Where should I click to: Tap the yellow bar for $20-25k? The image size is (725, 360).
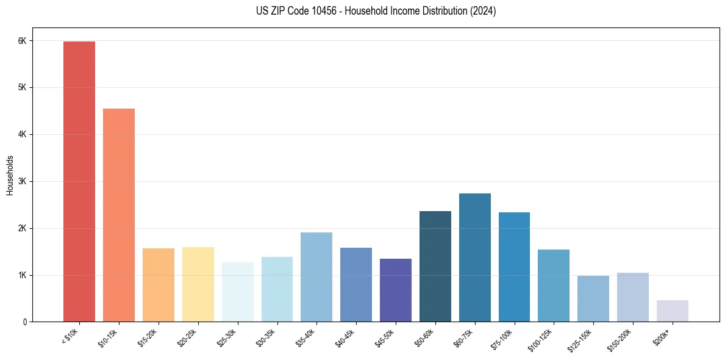point(198,284)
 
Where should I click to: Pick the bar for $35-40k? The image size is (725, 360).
point(316,277)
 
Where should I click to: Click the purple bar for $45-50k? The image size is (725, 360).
point(395,290)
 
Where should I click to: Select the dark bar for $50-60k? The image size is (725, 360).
point(435,266)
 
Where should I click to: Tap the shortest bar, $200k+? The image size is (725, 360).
point(672,311)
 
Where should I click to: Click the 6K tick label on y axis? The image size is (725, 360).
point(22,41)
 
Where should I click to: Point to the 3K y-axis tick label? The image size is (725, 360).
point(22,181)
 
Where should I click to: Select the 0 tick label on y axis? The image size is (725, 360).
point(24,322)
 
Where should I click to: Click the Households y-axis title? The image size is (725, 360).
point(10,175)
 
